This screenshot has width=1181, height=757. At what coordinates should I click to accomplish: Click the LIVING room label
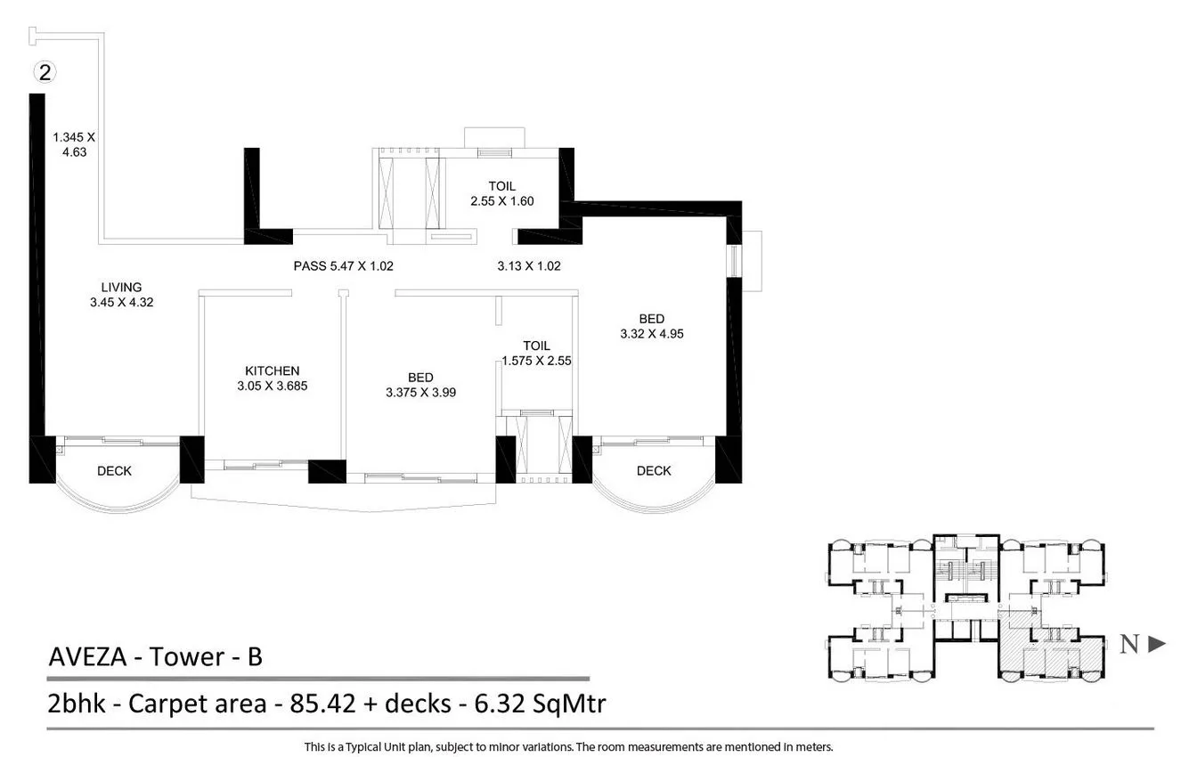tap(121, 287)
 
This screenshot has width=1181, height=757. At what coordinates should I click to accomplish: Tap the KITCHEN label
tap(272, 370)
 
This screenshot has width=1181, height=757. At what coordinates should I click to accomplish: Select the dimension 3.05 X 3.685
tap(272, 387)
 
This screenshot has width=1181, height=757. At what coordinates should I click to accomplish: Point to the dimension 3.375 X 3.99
tap(420, 392)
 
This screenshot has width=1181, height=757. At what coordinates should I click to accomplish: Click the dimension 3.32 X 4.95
tap(651, 334)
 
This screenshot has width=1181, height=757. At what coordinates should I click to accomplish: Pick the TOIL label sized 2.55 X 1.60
tap(501, 186)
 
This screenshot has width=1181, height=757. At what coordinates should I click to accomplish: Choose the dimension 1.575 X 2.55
tap(536, 361)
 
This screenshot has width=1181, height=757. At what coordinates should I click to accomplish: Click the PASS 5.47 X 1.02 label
tap(343, 265)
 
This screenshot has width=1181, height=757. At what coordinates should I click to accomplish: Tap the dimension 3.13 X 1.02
tap(528, 265)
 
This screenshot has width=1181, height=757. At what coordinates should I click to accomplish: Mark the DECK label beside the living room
tap(114, 471)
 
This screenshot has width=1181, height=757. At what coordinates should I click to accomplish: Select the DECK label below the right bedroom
tap(654, 470)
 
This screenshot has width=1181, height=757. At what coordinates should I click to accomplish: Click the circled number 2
tap(41, 71)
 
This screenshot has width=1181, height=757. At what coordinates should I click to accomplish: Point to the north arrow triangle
tap(1156, 644)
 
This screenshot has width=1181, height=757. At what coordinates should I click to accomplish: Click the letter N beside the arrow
tap(1128, 645)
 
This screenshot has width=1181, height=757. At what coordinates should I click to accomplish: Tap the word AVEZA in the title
tap(86, 657)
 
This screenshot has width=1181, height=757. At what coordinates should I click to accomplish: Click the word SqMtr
tap(571, 704)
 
